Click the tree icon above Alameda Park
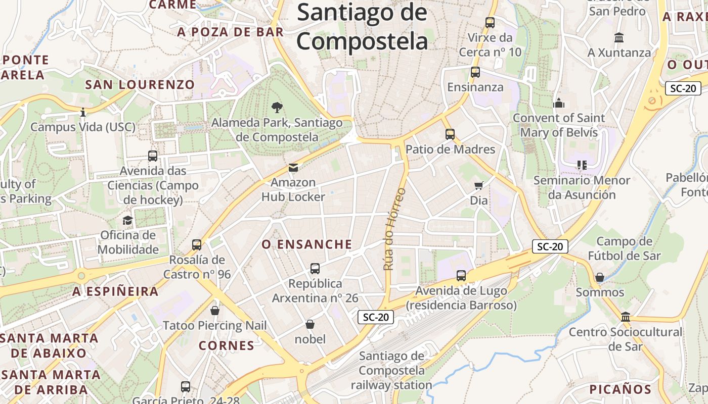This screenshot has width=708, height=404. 277,107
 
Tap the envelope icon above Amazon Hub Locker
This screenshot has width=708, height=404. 293,168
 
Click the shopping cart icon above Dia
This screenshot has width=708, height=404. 478,185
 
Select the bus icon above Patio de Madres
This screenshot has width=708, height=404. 450,134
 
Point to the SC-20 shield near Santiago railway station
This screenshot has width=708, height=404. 376,317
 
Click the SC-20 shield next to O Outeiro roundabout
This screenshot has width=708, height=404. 683,88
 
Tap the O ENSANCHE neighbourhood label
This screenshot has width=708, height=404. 306,244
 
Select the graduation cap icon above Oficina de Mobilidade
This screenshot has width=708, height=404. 127,220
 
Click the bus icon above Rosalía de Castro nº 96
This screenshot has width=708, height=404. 197,245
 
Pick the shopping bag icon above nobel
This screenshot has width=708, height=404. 310,324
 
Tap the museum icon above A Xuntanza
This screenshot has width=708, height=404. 618,38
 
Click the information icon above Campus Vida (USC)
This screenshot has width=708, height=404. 83,112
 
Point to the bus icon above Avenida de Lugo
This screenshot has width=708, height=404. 461,276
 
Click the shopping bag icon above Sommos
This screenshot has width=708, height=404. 599,277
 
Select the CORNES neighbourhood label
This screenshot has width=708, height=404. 226,346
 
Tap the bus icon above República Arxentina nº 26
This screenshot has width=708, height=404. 315,269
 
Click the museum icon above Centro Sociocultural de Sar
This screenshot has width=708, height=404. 626,317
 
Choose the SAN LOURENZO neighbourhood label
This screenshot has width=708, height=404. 140,84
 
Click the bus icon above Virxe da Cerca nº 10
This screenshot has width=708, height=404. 490,22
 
